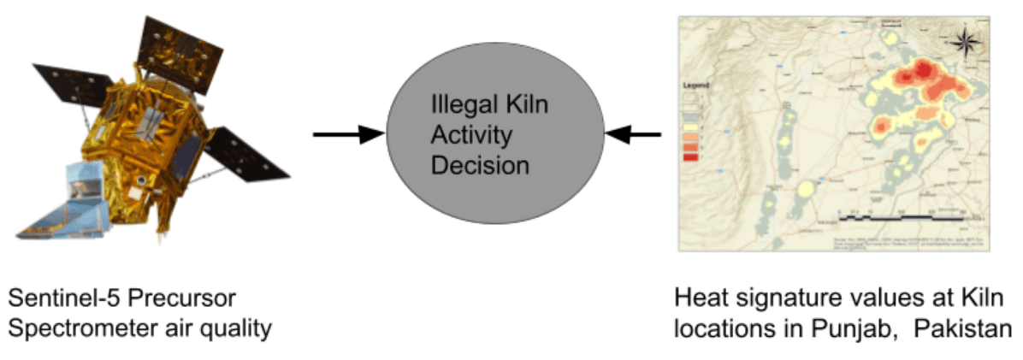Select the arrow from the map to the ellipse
click(633, 134)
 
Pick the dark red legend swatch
click(691, 157)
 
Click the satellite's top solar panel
click(180, 43)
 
